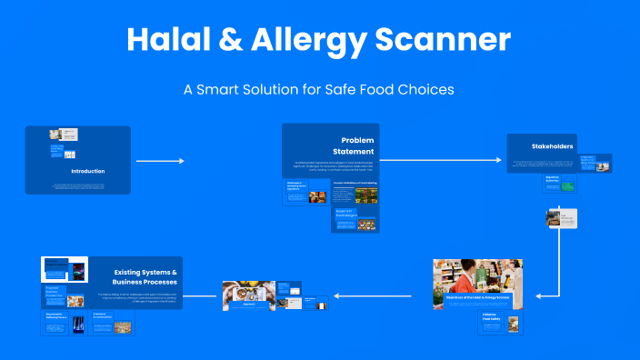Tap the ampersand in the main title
[239, 39]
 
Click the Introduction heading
[88, 171]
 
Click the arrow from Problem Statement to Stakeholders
[441, 161]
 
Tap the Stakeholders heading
[551, 146]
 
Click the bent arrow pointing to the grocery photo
[556, 273]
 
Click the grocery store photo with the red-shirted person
[477, 277]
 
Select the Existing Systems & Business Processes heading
[145, 277]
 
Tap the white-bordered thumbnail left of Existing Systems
[65, 270]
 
